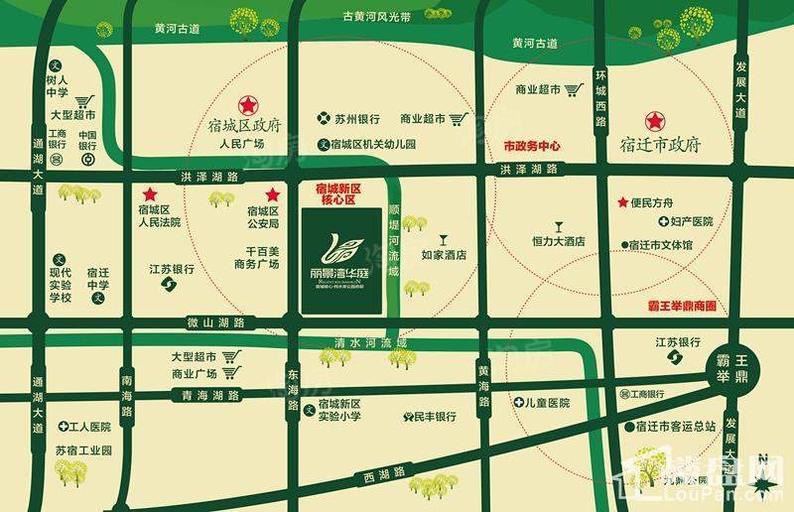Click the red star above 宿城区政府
coord(245,104)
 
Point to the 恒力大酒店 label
coord(558,241)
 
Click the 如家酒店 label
coord(444,255)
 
